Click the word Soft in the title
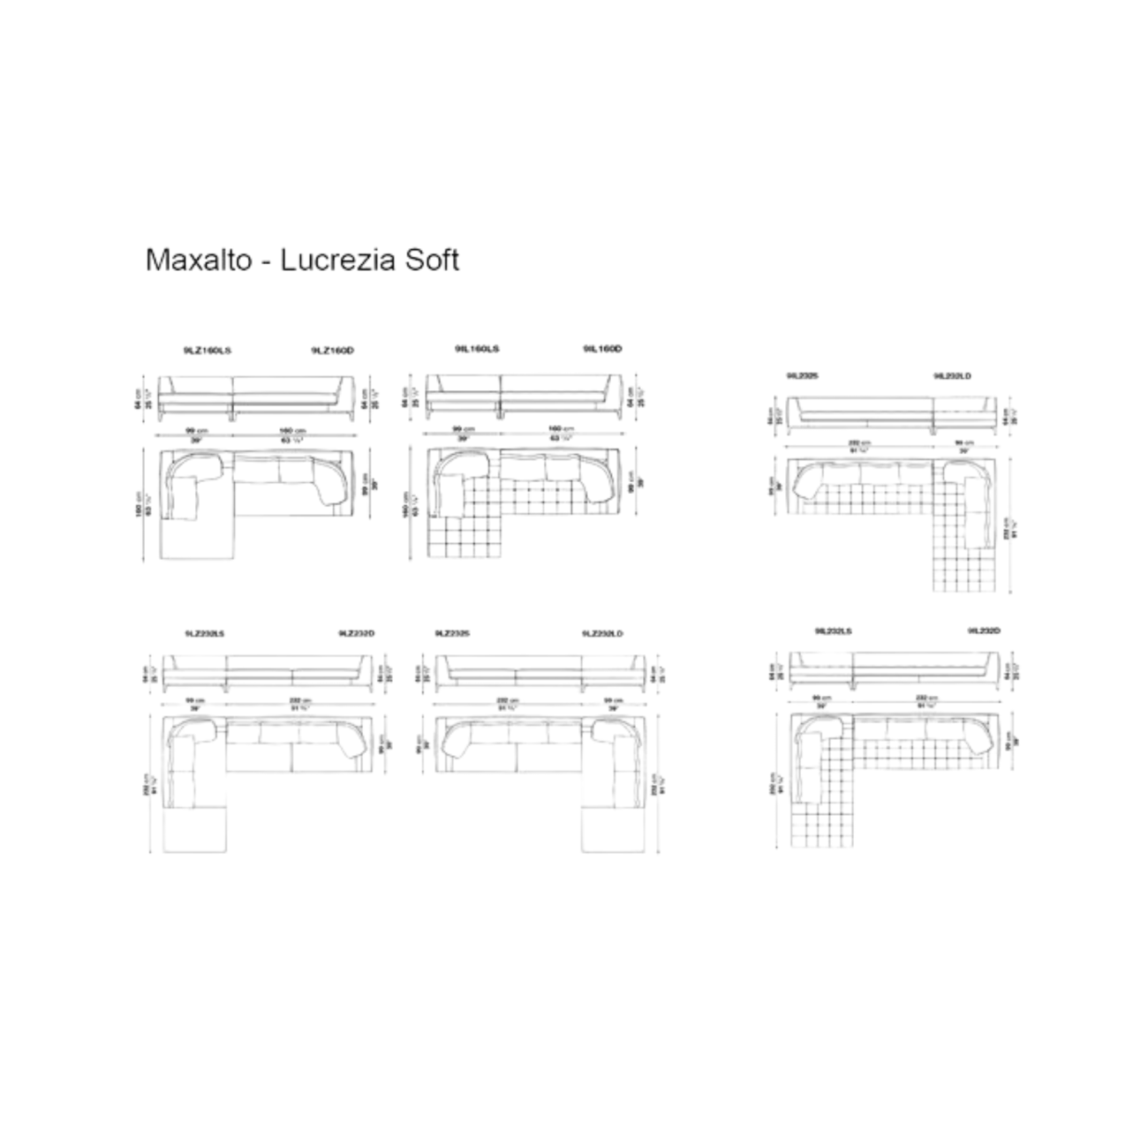click(432, 260)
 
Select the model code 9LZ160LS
click(208, 351)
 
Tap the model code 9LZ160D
click(333, 351)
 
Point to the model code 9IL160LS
click(477, 350)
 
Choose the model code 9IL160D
click(602, 350)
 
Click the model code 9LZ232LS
click(204, 633)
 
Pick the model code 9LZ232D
click(356, 633)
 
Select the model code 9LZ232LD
click(604, 633)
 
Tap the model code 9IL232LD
click(952, 376)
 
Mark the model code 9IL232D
click(984, 631)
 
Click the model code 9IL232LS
click(834, 631)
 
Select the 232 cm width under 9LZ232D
click(299, 700)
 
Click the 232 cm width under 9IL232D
click(926, 698)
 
